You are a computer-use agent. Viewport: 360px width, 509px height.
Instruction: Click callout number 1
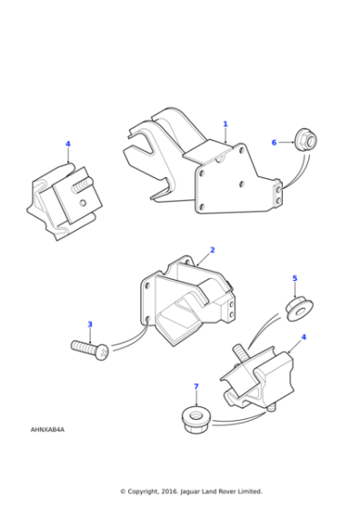coord(225,125)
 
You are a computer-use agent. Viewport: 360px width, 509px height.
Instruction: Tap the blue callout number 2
coord(213,250)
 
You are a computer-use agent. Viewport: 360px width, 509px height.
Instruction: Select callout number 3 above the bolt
coord(89,324)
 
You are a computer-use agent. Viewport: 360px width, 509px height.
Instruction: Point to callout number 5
coord(294,278)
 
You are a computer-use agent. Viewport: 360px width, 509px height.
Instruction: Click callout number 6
coord(274,142)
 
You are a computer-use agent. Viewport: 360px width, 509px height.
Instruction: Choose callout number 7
coord(195,386)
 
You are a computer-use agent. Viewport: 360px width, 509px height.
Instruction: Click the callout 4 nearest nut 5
coord(304,337)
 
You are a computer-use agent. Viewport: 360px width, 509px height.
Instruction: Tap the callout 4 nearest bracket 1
coord(67,144)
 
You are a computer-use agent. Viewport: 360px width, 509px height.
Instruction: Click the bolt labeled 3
coord(89,348)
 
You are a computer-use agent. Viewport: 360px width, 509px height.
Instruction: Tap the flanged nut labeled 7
coord(195,418)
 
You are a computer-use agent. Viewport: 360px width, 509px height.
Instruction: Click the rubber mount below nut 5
coord(259,374)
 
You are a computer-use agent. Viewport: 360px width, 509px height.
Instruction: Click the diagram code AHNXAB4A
coord(47,429)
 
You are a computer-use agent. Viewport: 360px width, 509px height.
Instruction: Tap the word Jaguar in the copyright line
coord(194,492)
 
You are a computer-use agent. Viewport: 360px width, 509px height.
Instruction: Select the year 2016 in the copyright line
coord(169,492)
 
